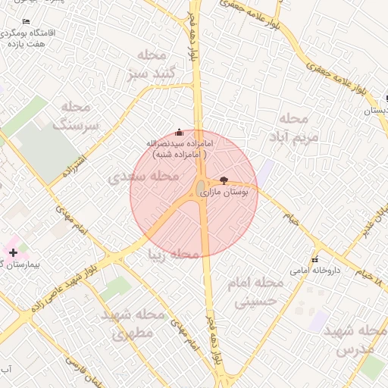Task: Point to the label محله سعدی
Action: tap(144, 177)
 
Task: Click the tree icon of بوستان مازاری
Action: tap(223, 180)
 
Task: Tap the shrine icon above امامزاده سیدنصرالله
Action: tap(179, 131)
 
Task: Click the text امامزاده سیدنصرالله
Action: tap(180, 142)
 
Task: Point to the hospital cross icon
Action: tap(13, 252)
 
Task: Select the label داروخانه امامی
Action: tap(315, 270)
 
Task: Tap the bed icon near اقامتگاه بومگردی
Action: tap(27, 21)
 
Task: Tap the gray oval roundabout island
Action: tap(200, 187)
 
